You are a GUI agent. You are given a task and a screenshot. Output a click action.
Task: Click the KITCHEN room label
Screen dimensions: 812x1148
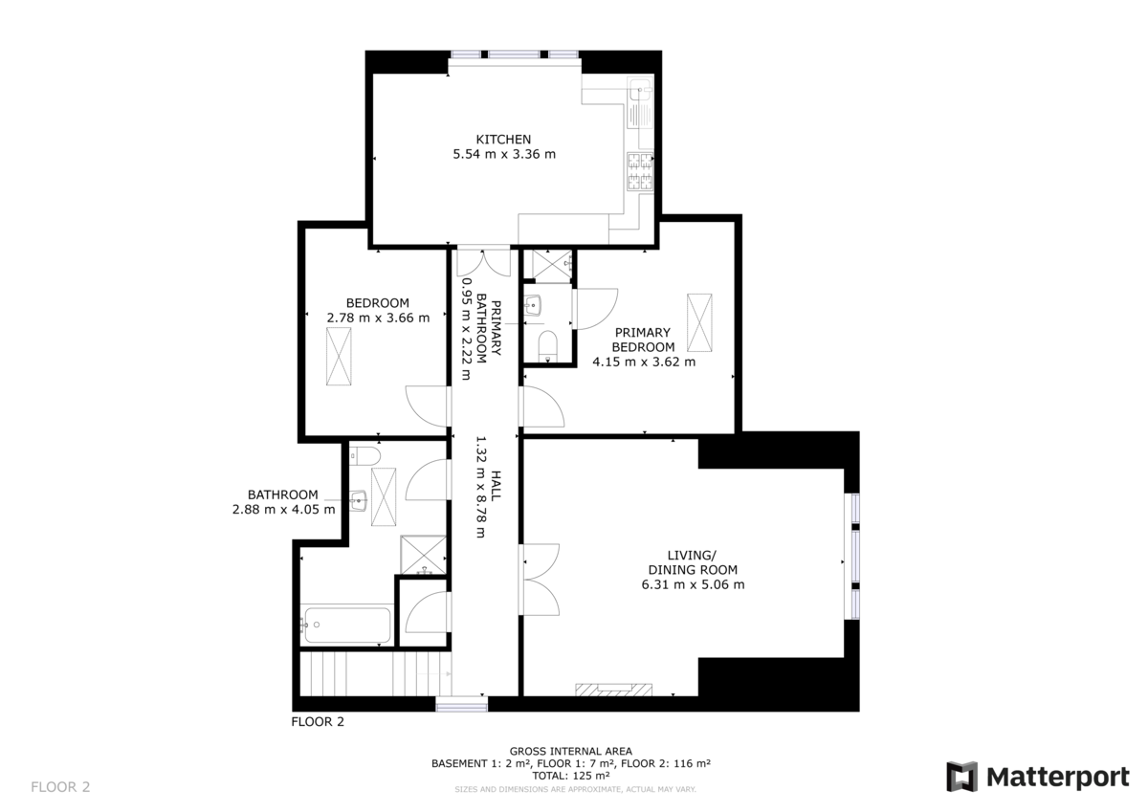[503, 139]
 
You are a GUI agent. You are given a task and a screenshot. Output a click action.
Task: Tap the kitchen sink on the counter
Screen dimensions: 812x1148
[639, 94]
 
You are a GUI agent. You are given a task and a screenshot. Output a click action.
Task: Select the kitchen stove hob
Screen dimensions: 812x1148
[639, 171]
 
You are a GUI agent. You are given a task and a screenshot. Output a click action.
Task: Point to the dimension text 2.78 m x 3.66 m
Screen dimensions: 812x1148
[378, 318]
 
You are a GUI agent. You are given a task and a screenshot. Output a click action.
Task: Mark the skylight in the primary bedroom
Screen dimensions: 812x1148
[700, 323]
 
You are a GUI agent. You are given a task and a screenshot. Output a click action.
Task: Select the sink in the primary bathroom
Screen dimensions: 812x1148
[534, 306]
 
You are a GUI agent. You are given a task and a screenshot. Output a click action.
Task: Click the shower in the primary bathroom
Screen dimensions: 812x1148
[551, 263]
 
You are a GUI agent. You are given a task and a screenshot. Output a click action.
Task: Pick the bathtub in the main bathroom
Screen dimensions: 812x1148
[345, 625]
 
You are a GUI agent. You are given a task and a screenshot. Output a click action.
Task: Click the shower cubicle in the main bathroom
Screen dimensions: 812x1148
[422, 555]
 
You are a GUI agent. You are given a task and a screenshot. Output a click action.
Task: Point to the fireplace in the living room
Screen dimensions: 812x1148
[613, 688]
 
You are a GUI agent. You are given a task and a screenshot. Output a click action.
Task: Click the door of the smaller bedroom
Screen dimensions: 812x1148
[429, 406]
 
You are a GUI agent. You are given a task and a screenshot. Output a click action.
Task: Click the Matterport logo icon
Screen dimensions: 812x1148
[962, 777]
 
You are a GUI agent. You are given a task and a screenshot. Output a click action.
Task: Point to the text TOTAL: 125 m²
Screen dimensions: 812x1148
[570, 776]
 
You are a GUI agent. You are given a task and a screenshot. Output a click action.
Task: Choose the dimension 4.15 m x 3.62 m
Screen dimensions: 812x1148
[644, 362]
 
